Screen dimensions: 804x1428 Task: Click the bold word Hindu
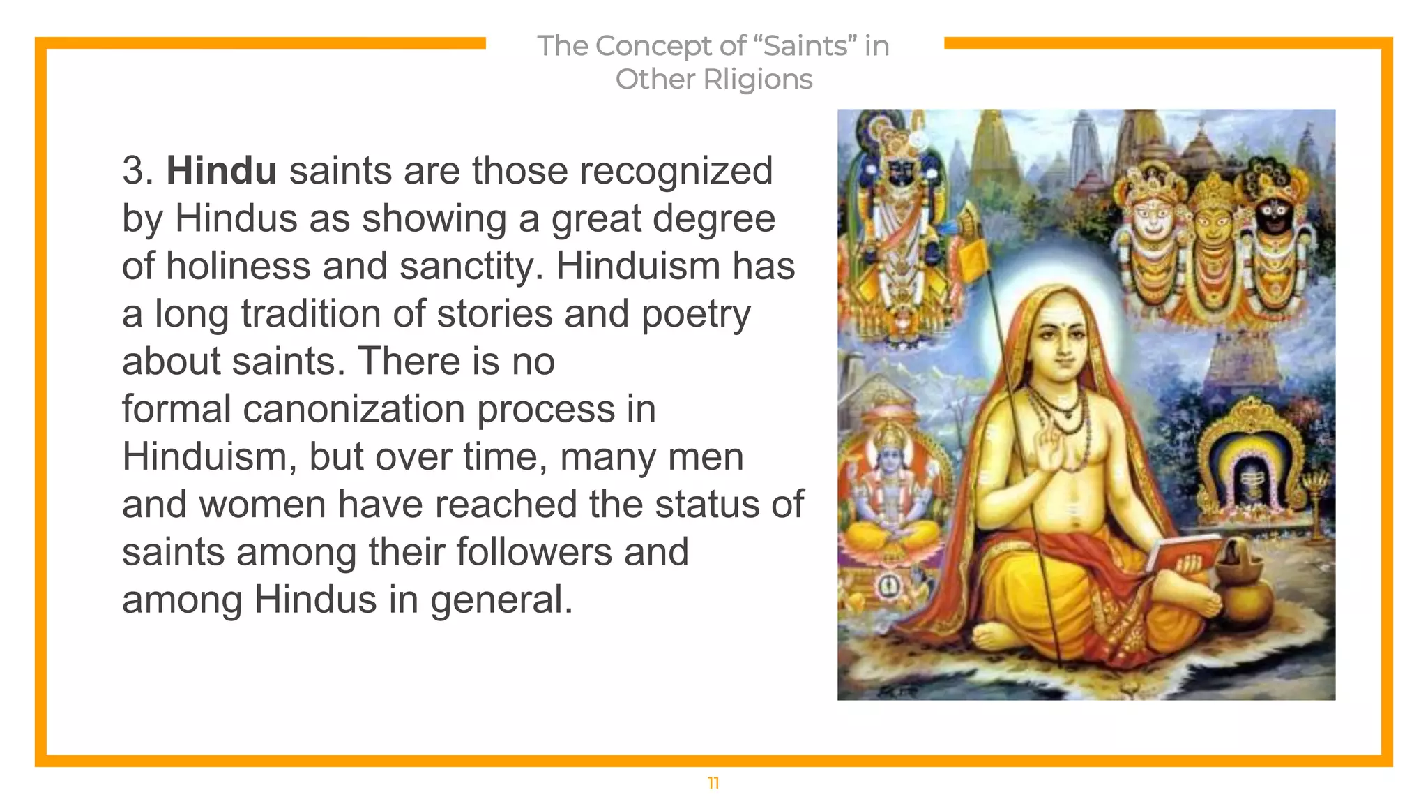[x=221, y=171]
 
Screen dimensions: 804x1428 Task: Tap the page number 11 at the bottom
[x=713, y=783]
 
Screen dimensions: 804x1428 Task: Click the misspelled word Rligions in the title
[x=758, y=80]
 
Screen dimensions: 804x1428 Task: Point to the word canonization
[x=354, y=409]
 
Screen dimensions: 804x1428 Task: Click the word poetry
[x=695, y=314]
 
